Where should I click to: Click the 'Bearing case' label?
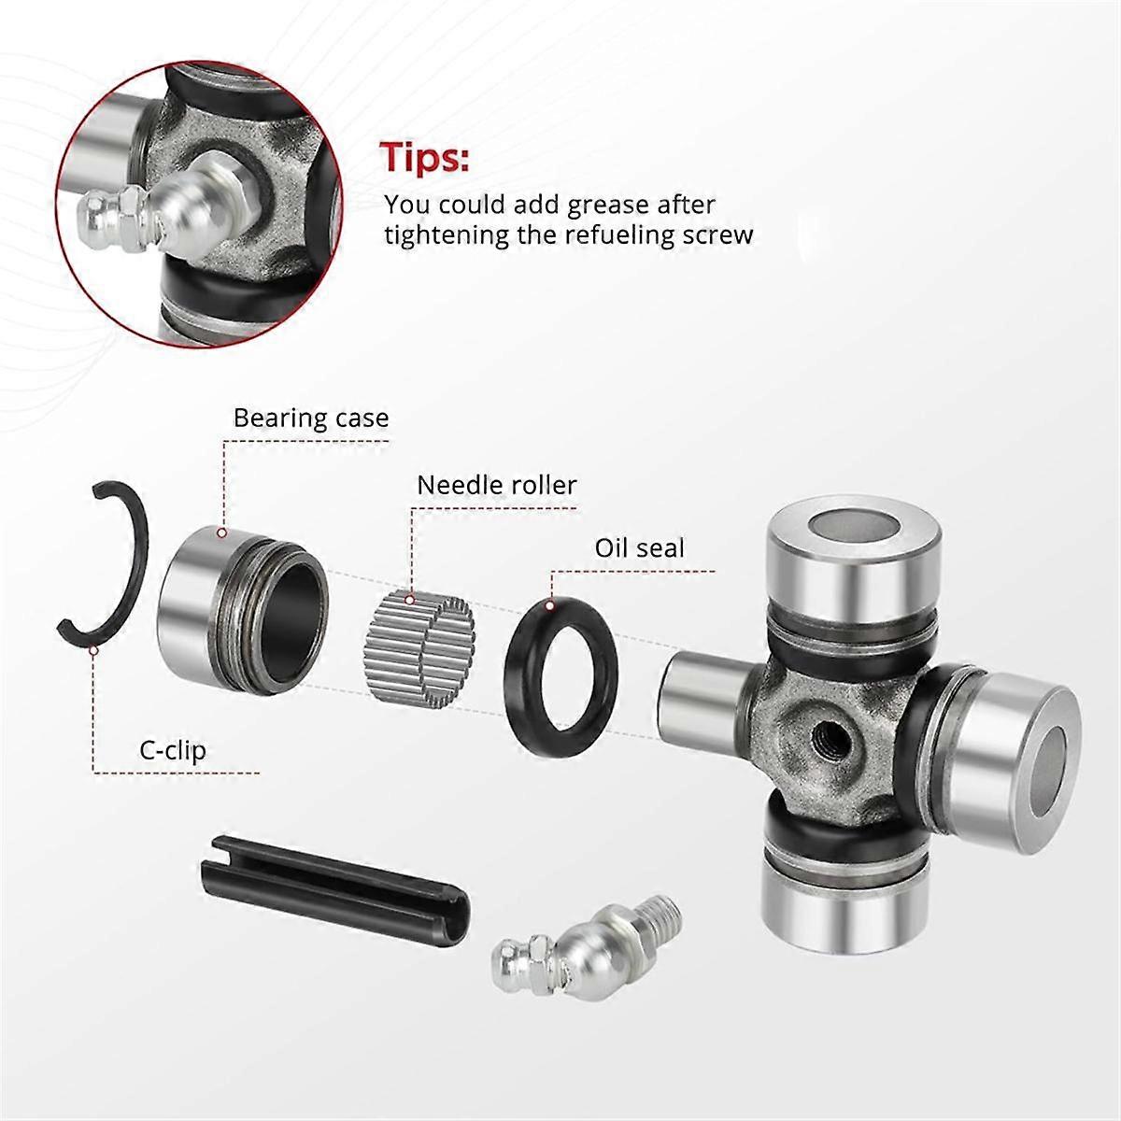point(311,417)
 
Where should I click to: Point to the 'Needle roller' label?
point(497,486)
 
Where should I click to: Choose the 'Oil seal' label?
point(640,547)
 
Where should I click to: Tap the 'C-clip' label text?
point(168,750)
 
